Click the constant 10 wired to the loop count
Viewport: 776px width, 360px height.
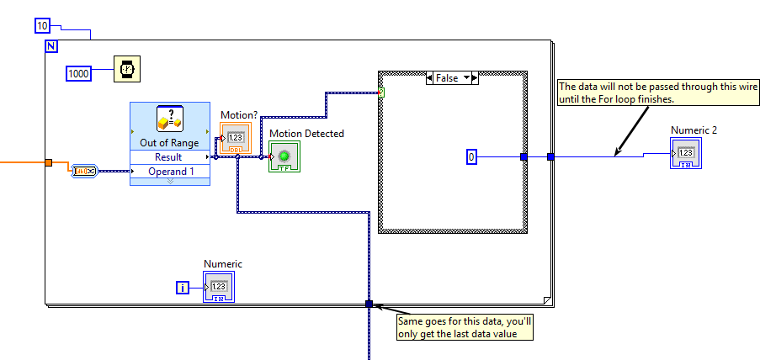(x=43, y=26)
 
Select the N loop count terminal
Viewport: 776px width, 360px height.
(x=50, y=45)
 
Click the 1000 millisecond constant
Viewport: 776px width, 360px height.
(x=78, y=74)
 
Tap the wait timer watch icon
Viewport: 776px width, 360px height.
(x=127, y=69)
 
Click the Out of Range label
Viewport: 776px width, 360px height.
(x=170, y=143)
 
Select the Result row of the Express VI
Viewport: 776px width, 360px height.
(x=169, y=157)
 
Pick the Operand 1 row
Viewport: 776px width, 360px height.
(x=169, y=172)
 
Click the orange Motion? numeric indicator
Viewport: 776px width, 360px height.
(x=235, y=137)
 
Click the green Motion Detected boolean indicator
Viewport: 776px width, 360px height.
(x=284, y=156)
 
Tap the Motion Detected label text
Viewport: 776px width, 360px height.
(x=306, y=133)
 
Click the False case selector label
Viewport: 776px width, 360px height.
(x=451, y=77)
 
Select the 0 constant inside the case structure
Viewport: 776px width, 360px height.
(x=472, y=156)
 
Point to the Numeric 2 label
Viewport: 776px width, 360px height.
(x=694, y=130)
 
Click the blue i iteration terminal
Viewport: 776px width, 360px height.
(x=183, y=288)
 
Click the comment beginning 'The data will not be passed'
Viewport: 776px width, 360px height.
(x=642, y=93)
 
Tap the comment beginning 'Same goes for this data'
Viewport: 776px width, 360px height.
(x=465, y=326)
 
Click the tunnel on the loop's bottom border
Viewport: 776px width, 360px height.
(x=368, y=304)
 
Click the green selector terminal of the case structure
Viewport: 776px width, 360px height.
(x=381, y=91)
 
